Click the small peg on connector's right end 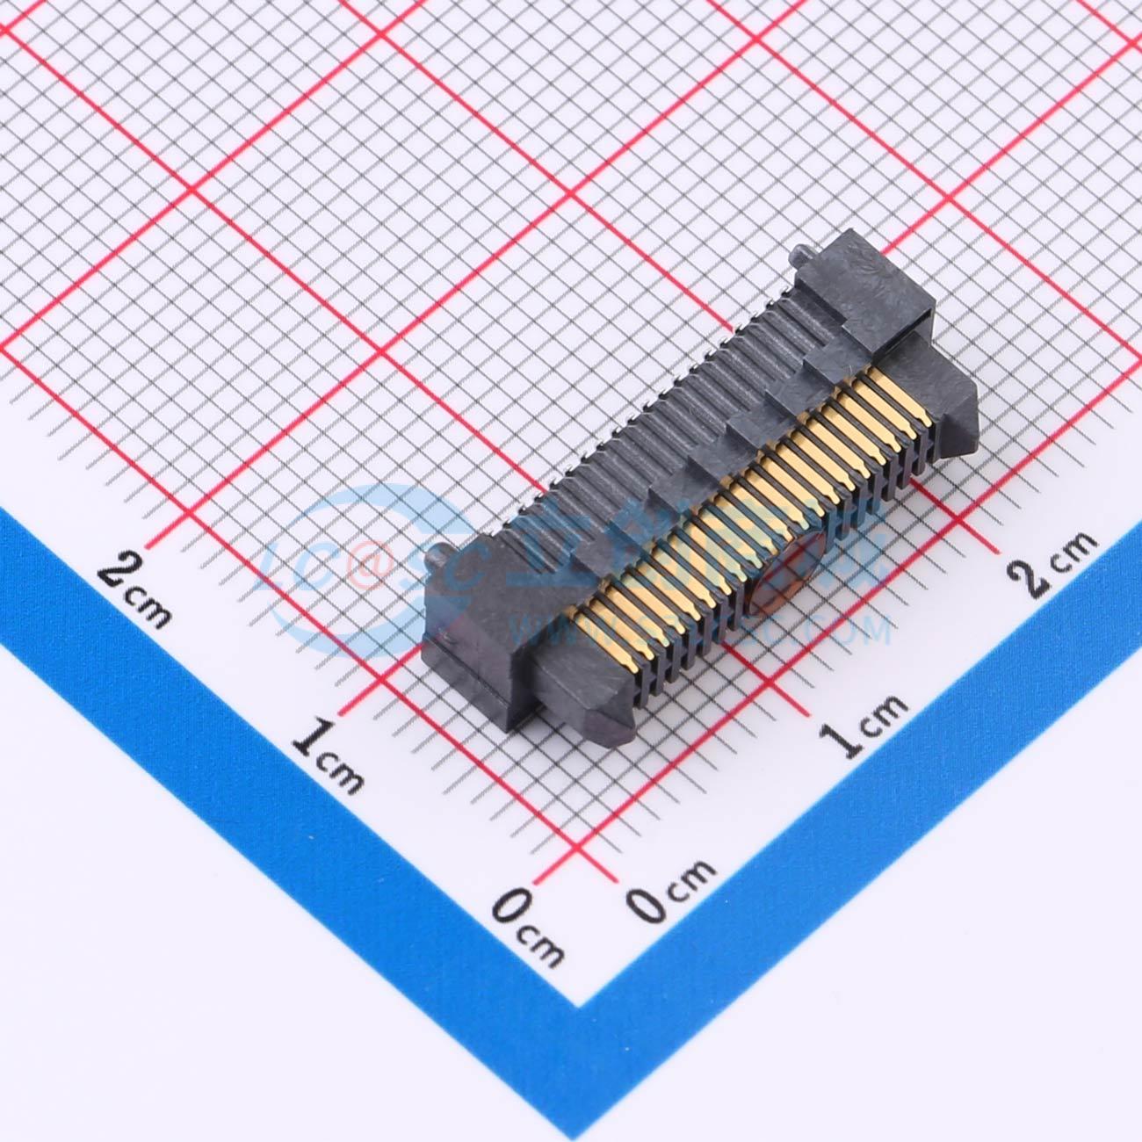coord(802,256)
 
